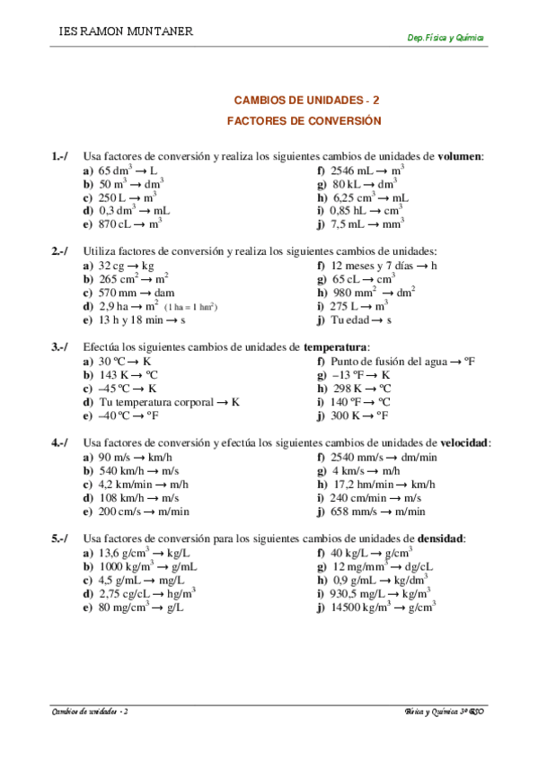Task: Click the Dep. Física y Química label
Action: [446, 39]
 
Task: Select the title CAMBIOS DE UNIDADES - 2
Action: [306, 101]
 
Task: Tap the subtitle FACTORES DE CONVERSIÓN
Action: [304, 120]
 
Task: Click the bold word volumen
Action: [460, 155]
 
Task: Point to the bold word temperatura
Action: [336, 346]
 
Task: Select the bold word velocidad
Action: [465, 442]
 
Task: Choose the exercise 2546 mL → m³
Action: [367, 170]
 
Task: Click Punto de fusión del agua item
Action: [402, 362]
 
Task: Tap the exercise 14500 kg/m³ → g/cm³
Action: [384, 608]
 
